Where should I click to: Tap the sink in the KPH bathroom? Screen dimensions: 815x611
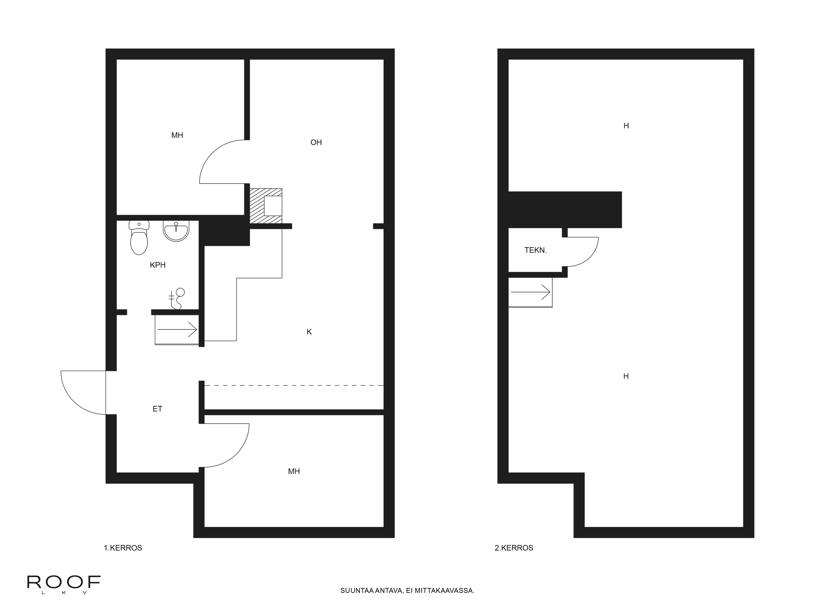coord(176,231)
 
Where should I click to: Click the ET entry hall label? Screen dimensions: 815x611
coord(157,409)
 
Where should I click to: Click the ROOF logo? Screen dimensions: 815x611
coord(64,585)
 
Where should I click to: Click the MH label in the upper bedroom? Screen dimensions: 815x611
coord(177,135)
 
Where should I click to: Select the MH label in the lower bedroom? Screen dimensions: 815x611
coord(294,471)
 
